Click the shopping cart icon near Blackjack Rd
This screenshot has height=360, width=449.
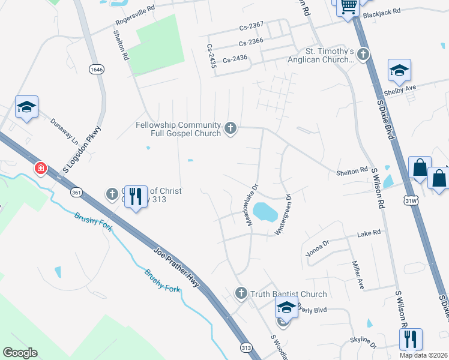[348, 7]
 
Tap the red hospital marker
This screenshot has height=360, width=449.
[41, 169]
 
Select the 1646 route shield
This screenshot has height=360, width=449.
[96, 70]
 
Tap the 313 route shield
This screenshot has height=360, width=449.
[246, 347]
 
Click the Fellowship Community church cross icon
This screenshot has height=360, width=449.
[230, 128]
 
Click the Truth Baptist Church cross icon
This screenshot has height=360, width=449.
[241, 293]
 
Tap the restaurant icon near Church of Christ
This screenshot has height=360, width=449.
[136, 196]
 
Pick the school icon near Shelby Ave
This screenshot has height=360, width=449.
[399, 71]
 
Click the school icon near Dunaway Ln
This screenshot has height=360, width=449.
[26, 107]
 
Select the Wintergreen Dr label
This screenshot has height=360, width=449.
[283, 214]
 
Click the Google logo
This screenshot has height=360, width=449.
[20, 353]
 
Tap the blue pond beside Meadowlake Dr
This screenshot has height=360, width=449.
[264, 211]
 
